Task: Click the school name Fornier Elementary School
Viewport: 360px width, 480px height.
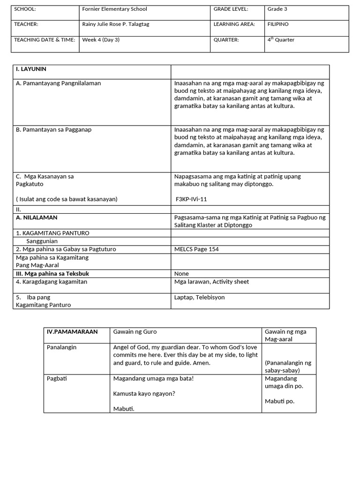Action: coord(114,9)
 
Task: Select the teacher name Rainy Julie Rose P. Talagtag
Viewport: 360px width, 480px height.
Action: coord(115,24)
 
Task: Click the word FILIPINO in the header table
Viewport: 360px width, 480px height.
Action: coord(278,24)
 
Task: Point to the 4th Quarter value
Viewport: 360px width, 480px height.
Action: coord(281,40)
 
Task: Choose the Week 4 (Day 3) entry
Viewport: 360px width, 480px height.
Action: coord(101,40)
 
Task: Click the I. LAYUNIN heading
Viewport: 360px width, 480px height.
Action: coord(31,69)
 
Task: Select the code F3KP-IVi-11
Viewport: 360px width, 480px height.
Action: coord(191,199)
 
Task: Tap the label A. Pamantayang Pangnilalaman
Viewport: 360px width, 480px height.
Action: coord(58,83)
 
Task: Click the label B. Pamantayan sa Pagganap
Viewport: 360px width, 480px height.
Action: coord(53,130)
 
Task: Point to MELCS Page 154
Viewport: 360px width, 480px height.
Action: coord(196,249)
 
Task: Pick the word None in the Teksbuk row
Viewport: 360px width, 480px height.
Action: coord(181,274)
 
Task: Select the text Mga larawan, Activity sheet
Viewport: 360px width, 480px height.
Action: coord(211,282)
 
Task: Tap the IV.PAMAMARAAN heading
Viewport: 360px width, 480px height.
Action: coord(72,332)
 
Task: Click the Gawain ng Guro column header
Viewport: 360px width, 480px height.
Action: coord(135,332)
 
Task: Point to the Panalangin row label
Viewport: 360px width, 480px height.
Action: coord(61,348)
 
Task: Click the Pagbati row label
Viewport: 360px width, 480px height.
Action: coord(57,379)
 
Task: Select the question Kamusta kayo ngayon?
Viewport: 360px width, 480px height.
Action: coord(144,394)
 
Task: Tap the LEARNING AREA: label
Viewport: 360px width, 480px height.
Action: coord(234,24)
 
